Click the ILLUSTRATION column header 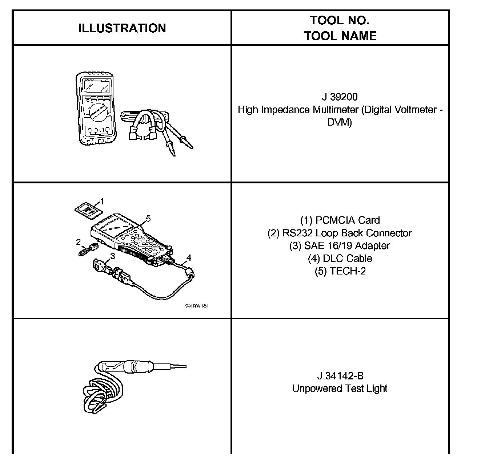[122, 28]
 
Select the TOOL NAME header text [340, 36]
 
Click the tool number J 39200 [340, 97]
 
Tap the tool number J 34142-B [340, 376]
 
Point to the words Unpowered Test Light [340, 388]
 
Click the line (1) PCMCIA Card [340, 220]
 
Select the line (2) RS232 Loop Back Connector [340, 233]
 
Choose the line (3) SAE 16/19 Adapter [340, 246]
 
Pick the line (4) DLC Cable [340, 259]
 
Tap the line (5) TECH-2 [340, 271]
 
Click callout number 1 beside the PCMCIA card [102, 201]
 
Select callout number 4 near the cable [188, 258]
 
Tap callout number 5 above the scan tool [148, 219]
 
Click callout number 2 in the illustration [78, 242]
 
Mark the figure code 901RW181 [197, 306]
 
